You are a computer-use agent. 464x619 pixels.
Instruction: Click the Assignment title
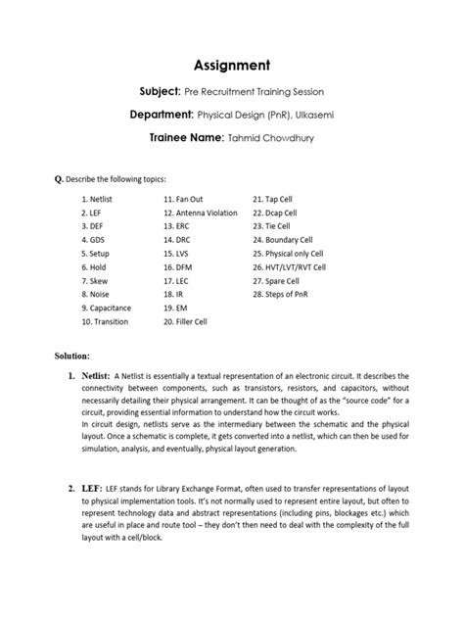click(x=231, y=66)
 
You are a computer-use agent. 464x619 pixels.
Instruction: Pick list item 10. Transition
click(x=107, y=320)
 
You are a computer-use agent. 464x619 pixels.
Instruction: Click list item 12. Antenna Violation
click(x=200, y=212)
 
